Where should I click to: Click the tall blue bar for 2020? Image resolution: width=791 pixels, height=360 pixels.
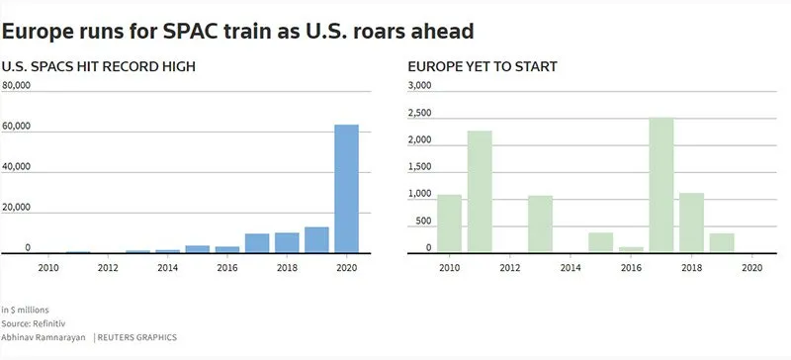click(x=346, y=189)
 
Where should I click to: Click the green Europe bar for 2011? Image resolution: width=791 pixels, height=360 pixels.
click(x=480, y=193)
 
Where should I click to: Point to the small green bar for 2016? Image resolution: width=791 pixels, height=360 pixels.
click(x=631, y=250)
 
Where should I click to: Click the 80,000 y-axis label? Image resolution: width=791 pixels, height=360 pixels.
click(x=18, y=86)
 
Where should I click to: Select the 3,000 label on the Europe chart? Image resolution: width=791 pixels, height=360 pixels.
click(x=420, y=86)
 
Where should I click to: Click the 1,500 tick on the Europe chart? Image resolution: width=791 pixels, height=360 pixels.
click(x=420, y=167)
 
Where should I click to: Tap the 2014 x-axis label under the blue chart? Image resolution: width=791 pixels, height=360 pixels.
click(x=167, y=267)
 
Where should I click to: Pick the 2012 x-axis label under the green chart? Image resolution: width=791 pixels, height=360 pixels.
click(x=509, y=267)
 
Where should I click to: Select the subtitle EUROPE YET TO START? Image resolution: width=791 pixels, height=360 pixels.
click(x=483, y=66)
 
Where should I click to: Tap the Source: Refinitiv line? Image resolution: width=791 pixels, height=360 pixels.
click(x=32, y=322)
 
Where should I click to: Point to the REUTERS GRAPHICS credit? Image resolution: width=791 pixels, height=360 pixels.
click(x=135, y=337)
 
